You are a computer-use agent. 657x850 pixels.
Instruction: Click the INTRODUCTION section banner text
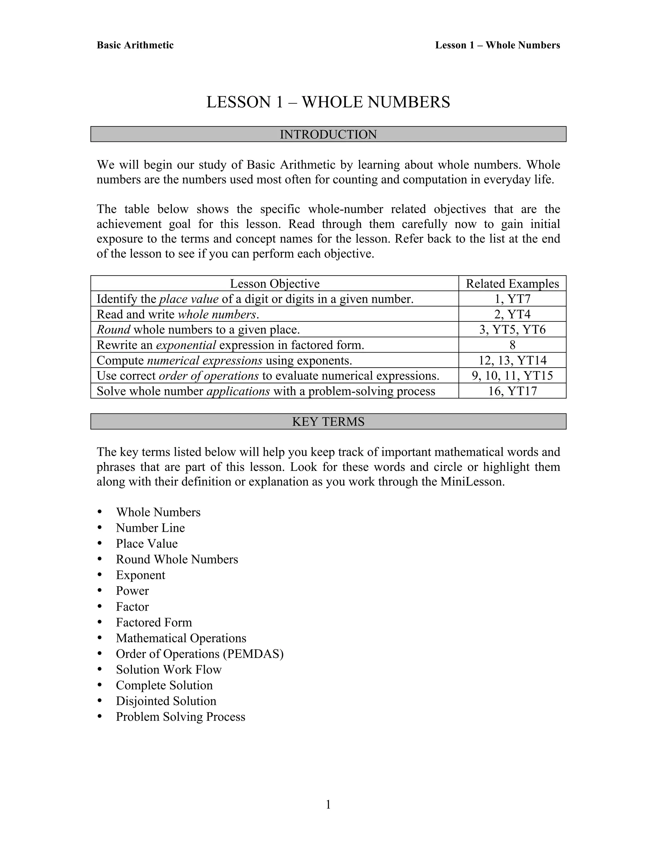328,134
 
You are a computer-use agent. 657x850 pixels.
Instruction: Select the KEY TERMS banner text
328,421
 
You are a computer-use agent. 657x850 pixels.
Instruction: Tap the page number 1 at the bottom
328,804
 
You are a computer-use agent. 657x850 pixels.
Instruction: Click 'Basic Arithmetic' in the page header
135,45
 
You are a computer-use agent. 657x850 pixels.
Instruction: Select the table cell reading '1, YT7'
512,299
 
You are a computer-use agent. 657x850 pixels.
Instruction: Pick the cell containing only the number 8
512,345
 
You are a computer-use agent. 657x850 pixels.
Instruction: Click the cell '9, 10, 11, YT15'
512,376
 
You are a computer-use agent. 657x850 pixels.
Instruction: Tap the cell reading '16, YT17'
512,391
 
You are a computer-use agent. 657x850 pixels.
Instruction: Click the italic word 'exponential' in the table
186,345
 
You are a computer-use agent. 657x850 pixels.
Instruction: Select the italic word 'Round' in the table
113,330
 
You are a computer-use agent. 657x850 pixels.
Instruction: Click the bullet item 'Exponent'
141,575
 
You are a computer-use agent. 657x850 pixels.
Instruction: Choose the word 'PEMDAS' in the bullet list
253,654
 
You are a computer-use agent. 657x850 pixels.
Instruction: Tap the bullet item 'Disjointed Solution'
166,701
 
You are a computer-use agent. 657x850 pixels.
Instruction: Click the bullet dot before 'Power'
100,591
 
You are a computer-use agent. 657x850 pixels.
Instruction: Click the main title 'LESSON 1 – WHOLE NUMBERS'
328,102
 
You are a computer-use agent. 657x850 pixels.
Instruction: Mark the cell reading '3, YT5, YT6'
512,330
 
